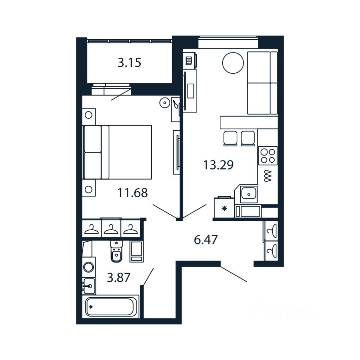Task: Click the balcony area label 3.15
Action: tap(129, 63)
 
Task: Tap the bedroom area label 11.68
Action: tap(133, 193)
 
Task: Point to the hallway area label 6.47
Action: tap(206, 240)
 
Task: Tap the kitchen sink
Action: tap(247, 194)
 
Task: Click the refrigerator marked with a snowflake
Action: tap(224, 208)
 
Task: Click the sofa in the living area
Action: tap(262, 83)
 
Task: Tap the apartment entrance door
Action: tap(234, 274)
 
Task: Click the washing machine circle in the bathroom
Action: tap(89, 267)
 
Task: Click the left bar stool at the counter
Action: tap(230, 138)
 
